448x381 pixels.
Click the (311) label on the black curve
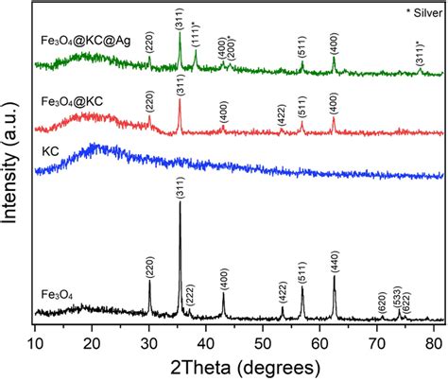click(x=180, y=186)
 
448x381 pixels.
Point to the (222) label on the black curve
click(x=190, y=295)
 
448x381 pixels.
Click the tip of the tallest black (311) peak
click(x=180, y=202)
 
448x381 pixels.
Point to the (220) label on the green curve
click(x=149, y=43)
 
